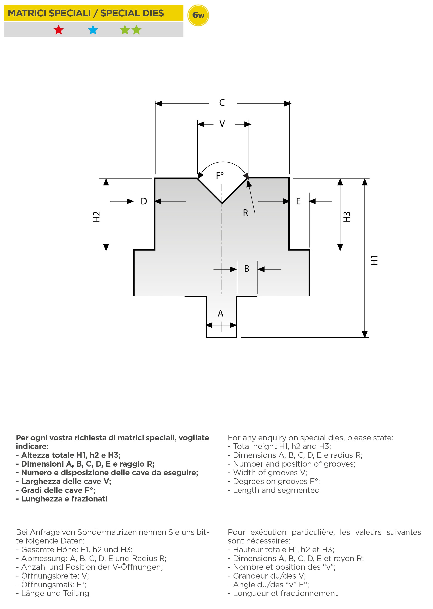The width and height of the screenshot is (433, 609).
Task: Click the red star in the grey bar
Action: [x=58, y=30]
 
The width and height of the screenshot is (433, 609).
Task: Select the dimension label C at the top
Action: [x=222, y=102]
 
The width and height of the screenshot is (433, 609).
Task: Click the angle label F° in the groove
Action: [x=220, y=176]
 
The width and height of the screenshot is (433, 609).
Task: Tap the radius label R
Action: [x=245, y=213]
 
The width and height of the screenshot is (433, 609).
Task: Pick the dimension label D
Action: [x=144, y=201]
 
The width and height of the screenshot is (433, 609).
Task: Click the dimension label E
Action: [x=298, y=201]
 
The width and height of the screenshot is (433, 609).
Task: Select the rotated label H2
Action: [x=96, y=216]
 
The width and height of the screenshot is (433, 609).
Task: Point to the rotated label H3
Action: [x=346, y=216]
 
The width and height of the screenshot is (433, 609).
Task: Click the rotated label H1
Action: [x=374, y=260]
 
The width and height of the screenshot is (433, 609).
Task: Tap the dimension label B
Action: [x=247, y=269]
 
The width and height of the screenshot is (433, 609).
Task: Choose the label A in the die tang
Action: [x=220, y=313]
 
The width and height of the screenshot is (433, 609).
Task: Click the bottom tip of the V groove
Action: [x=222, y=203]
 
